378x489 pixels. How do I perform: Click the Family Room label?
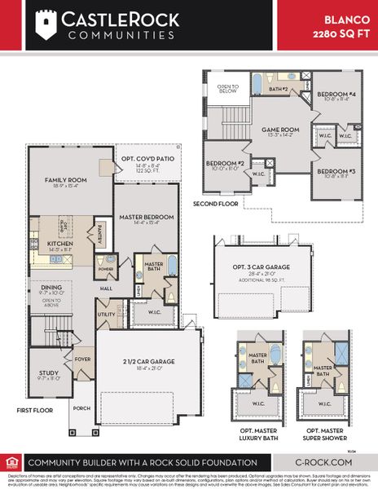click(x=66, y=180)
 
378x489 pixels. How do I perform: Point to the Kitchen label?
click(x=60, y=244)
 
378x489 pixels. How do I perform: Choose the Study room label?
click(x=48, y=373)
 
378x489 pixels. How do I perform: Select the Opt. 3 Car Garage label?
click(x=262, y=267)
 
